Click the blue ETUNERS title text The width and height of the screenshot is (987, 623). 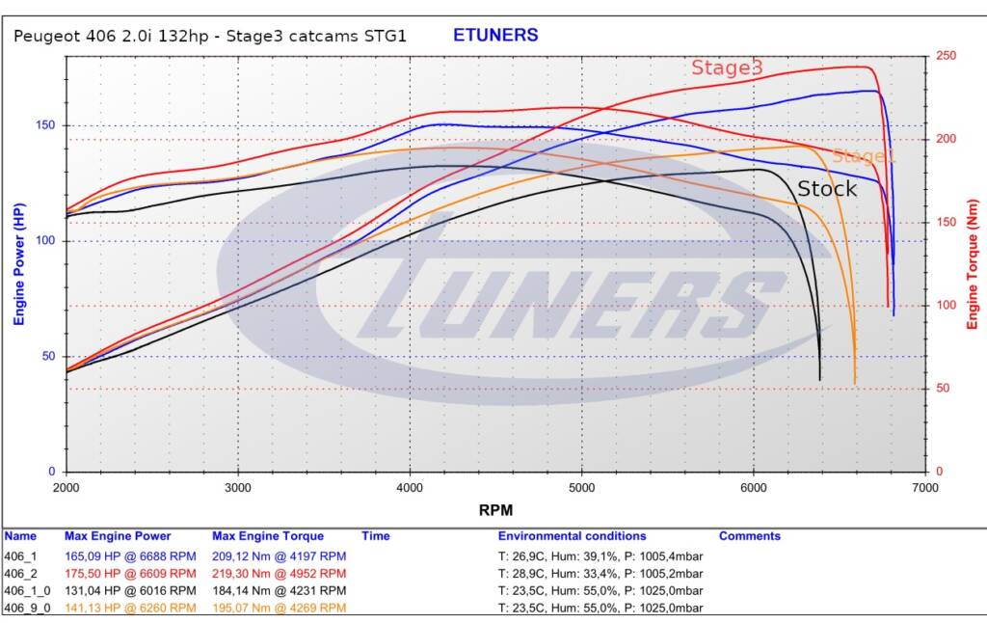pos(495,36)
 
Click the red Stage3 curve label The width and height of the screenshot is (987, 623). pos(727,68)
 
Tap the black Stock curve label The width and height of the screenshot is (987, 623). pos(827,189)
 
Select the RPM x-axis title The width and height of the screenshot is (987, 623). pos(495,509)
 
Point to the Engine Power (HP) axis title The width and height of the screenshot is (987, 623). pos(18,263)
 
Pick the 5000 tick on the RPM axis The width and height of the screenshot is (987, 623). pos(581,487)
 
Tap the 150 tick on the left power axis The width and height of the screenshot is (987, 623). pos(46,125)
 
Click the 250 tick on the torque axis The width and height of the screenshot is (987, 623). pos(947,56)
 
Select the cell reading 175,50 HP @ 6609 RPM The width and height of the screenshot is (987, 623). pos(130,573)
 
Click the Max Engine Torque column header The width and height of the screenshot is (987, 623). pos(268,536)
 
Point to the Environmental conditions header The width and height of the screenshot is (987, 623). pos(572,536)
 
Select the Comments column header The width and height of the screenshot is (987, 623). pos(749,536)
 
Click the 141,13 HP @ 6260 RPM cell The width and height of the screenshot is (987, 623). pos(130,608)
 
